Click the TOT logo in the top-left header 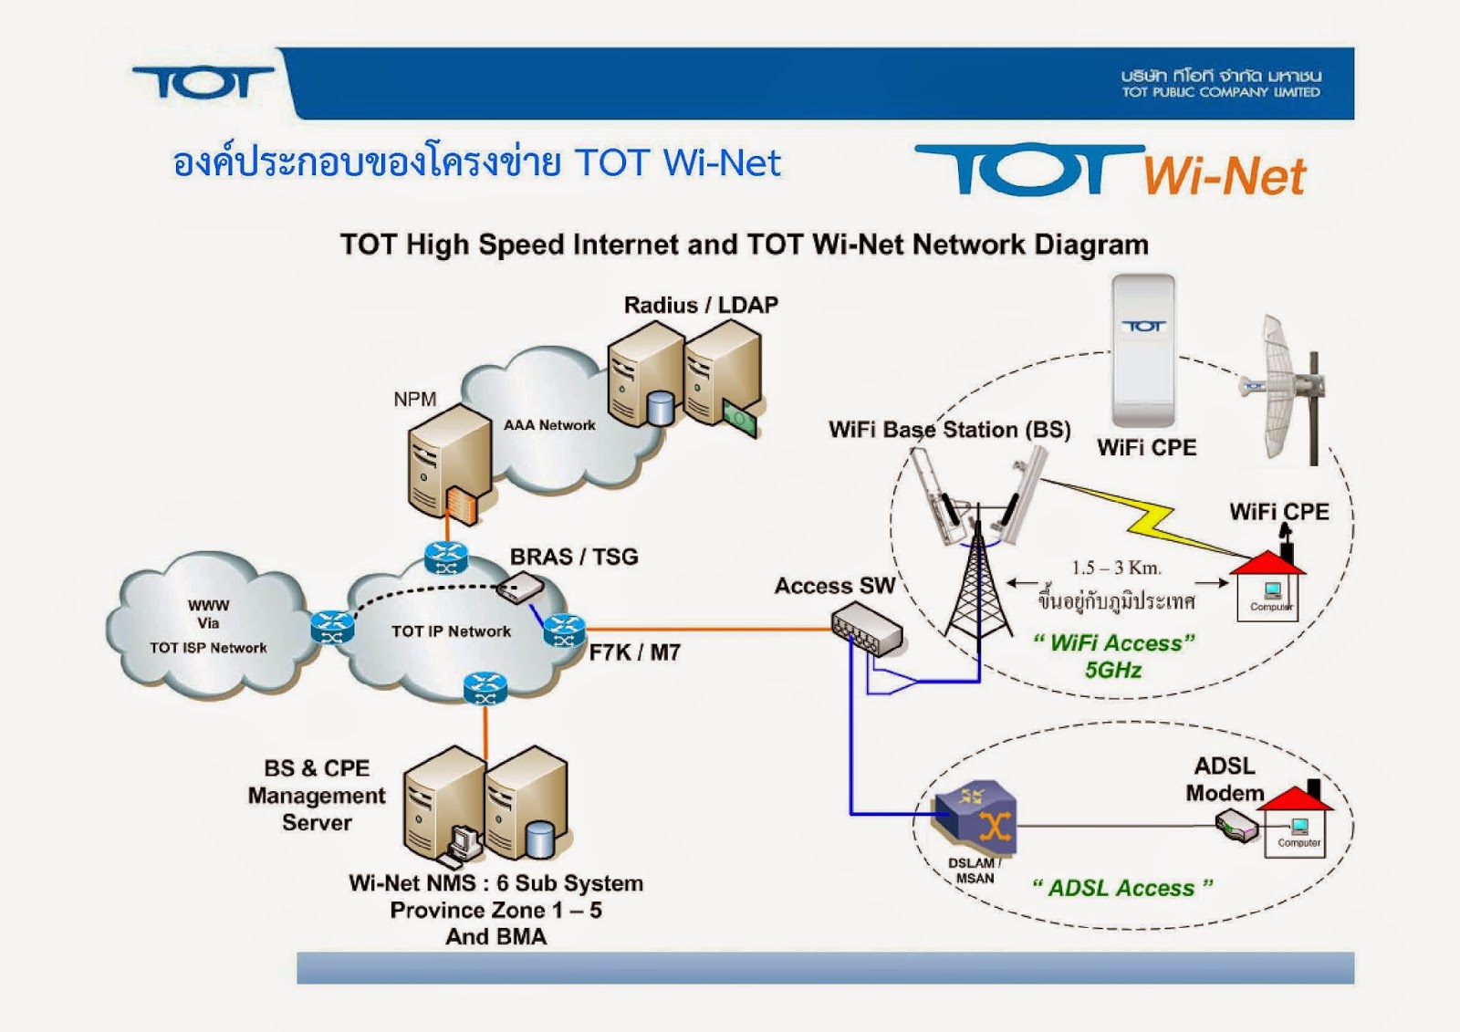click(203, 82)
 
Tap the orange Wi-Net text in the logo click(1223, 175)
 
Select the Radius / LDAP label click(701, 305)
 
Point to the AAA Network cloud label click(549, 425)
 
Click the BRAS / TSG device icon click(520, 589)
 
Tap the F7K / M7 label click(634, 652)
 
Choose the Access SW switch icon click(867, 632)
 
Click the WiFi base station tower click(976, 584)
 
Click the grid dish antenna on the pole click(1277, 388)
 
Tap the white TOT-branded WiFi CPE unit click(1142, 351)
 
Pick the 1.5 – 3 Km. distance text click(1116, 568)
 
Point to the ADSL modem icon click(1236, 829)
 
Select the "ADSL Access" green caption click(1122, 888)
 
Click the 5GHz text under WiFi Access click(1113, 671)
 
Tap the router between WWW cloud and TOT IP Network click(331, 627)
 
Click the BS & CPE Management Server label click(316, 796)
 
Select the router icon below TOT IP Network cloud click(485, 688)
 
